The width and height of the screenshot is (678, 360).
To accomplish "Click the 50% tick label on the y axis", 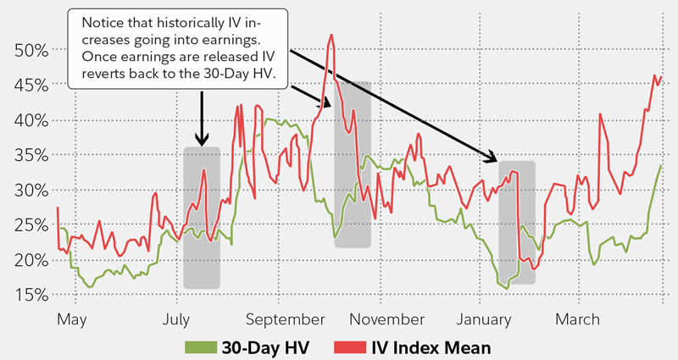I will click(x=31, y=49).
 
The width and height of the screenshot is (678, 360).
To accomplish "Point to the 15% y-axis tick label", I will click(x=31, y=295).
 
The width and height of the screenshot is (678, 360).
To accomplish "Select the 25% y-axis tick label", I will click(x=31, y=224).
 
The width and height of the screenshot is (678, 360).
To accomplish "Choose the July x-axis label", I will click(x=175, y=319).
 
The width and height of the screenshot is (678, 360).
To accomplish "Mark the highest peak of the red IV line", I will click(x=331, y=35).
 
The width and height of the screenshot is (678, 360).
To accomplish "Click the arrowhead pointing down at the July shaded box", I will click(x=202, y=141).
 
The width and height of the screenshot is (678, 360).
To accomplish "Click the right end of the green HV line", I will click(x=661, y=166).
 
